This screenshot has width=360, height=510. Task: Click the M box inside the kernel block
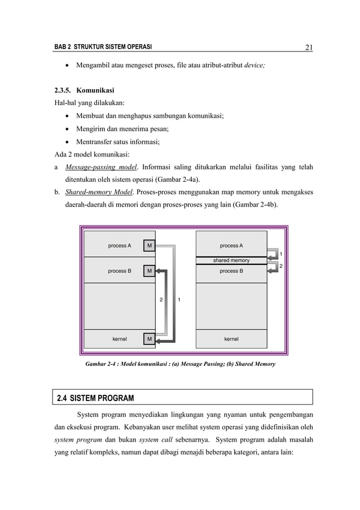[x=149, y=339]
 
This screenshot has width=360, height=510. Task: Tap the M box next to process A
[x=149, y=246]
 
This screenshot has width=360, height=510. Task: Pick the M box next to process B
[x=149, y=271]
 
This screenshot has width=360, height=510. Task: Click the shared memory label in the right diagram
[x=231, y=260]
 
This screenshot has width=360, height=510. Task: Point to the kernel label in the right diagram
[x=231, y=339]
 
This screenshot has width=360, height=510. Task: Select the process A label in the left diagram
[x=120, y=246]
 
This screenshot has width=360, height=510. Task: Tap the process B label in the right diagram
[x=231, y=271]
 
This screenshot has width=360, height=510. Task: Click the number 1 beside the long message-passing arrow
[x=179, y=299]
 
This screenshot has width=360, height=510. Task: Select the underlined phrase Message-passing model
[x=101, y=167]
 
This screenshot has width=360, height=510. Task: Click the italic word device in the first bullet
[x=253, y=66]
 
